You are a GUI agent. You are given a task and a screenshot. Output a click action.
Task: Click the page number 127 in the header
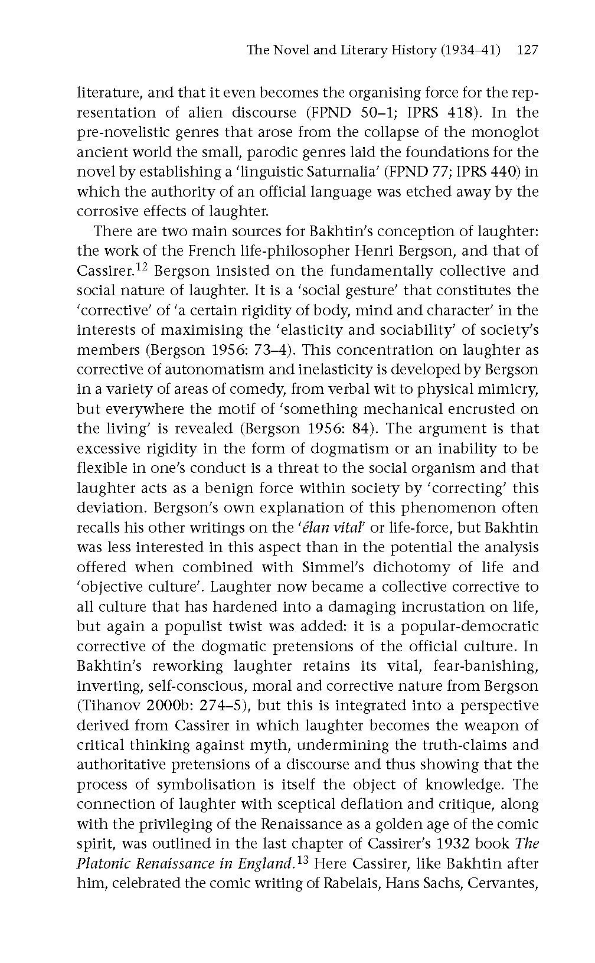[527, 50]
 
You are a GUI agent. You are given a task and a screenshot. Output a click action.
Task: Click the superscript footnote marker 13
[302, 860]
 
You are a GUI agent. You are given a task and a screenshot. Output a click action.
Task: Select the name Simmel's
[338, 567]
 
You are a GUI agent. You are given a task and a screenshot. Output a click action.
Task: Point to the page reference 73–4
[270, 350]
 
